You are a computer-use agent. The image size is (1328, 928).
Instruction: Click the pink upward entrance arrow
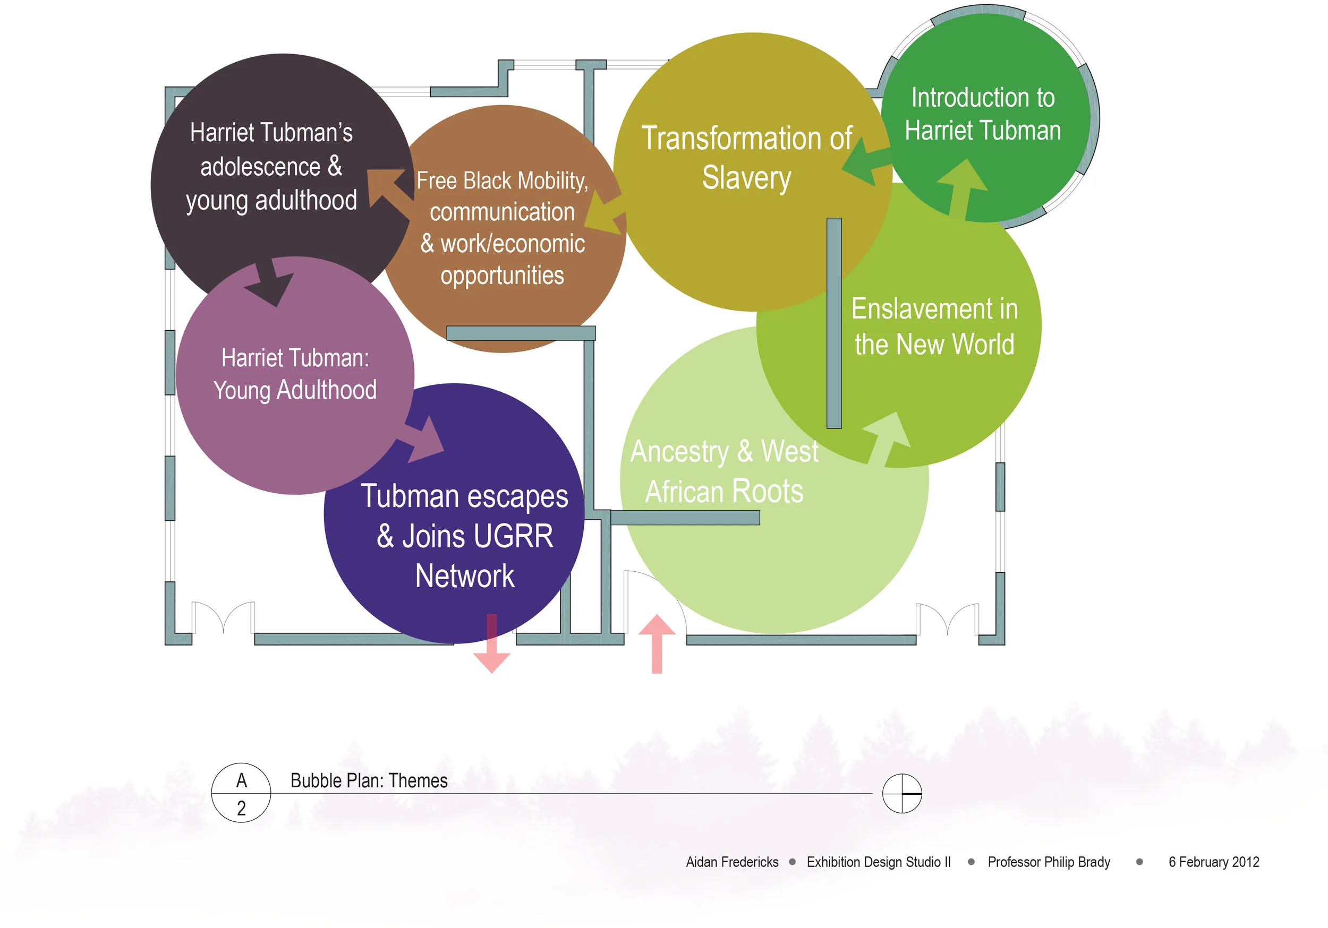coord(657,643)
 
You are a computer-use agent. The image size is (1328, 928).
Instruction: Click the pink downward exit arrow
coord(492,643)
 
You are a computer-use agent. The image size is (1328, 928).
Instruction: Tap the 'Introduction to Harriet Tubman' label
coord(983,114)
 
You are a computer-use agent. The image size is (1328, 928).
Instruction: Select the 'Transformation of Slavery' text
coord(747,158)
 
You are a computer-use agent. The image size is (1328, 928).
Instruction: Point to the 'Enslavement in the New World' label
coord(935,326)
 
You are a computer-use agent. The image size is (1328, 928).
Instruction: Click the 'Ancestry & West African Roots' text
coord(724,471)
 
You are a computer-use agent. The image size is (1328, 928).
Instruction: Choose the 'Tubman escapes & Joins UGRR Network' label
coord(465,536)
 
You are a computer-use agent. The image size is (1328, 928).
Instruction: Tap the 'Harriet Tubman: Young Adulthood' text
coord(295,374)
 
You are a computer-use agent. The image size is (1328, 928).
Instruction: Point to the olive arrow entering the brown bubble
coord(605,214)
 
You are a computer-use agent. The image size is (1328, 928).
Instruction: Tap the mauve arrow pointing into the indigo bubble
coord(421,440)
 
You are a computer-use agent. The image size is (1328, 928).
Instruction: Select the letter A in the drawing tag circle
coord(242,780)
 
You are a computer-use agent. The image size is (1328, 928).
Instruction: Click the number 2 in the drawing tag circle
coord(241,809)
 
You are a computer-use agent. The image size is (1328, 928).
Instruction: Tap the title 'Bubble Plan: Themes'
coord(369,781)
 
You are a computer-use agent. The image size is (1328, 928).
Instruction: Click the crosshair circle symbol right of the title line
coord(902,793)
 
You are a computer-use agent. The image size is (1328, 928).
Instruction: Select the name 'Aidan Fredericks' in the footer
coord(732,862)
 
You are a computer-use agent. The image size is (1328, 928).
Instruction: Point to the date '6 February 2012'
coord(1214,862)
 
